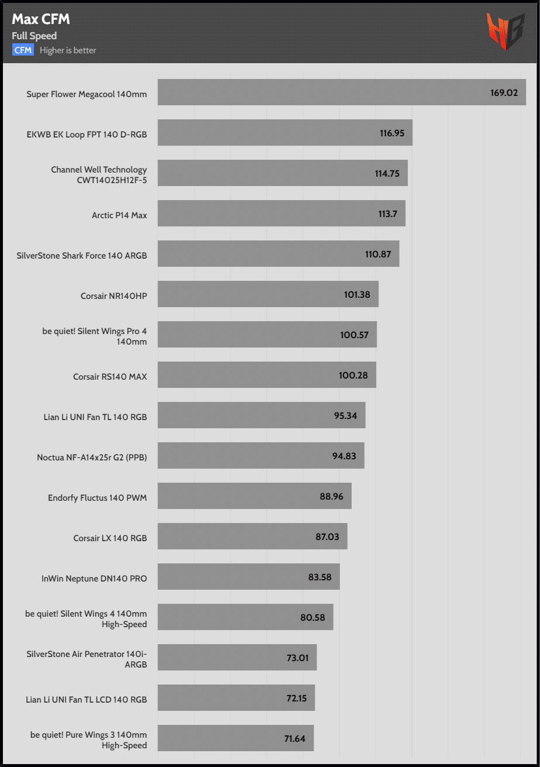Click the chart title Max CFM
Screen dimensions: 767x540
(x=41, y=19)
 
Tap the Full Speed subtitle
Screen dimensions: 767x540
(x=35, y=36)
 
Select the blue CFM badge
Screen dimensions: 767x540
(x=23, y=50)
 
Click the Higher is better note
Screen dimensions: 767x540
(x=68, y=50)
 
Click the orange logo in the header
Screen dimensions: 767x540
(x=505, y=32)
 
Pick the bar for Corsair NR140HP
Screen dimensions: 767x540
(x=268, y=294)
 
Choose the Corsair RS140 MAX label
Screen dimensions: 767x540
(x=110, y=376)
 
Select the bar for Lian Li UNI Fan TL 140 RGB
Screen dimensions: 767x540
(x=262, y=415)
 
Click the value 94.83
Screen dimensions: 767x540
(x=344, y=456)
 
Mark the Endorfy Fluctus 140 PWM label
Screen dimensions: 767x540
(x=97, y=498)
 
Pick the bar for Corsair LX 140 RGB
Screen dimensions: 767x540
(x=252, y=536)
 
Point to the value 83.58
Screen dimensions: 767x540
(x=320, y=577)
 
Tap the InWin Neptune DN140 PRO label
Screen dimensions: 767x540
(x=94, y=579)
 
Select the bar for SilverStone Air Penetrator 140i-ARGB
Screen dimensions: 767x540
(x=237, y=658)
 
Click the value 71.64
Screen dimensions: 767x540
(x=295, y=738)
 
